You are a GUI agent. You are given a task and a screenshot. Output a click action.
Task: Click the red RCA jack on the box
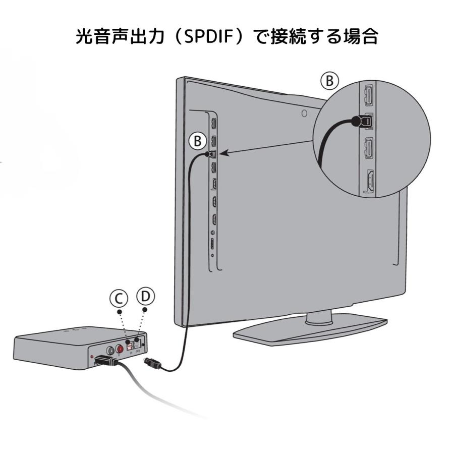121,349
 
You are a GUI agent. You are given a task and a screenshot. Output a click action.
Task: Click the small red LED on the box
91,358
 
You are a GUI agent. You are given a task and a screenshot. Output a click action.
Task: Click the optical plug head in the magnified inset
359,121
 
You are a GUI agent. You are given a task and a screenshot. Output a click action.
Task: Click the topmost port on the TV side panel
213,123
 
